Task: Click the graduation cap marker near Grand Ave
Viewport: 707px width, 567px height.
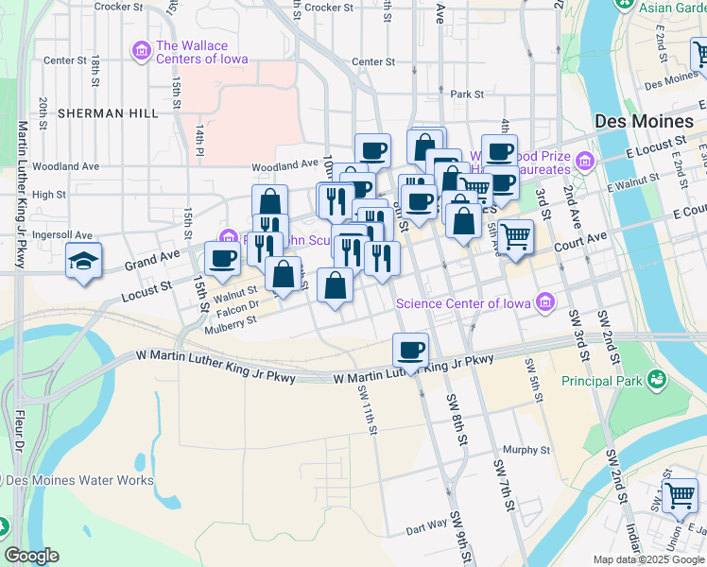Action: coord(83,260)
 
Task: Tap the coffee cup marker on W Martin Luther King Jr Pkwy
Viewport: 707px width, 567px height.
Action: coord(410,350)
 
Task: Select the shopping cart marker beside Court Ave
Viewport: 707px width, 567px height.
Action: coord(515,235)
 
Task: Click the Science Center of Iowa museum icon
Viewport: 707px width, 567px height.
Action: coord(544,302)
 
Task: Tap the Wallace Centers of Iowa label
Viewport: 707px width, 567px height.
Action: coord(202,52)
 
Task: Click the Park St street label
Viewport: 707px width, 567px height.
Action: coord(466,94)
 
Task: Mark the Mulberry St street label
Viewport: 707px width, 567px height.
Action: coord(231,321)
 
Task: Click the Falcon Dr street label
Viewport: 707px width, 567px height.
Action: coord(237,304)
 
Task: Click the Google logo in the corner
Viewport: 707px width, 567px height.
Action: coord(31,556)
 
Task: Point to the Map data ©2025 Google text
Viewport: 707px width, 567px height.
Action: coord(647,559)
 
